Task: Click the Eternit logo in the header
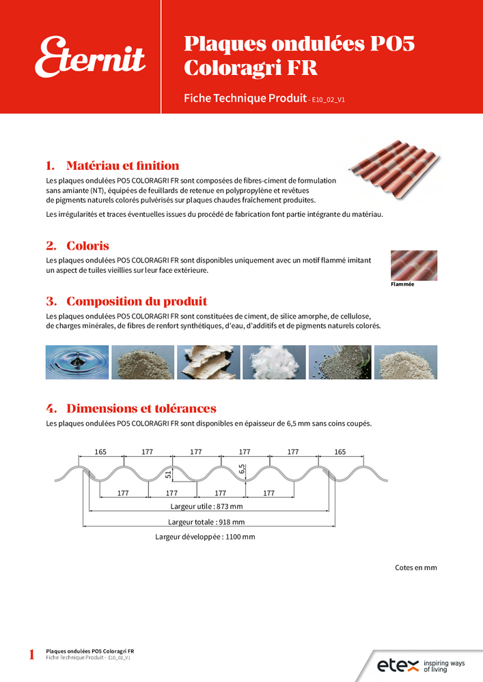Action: (90, 57)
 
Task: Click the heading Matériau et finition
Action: (113, 166)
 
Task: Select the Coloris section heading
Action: (78, 246)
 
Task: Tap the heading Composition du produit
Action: (126, 301)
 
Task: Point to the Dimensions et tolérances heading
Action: (131, 409)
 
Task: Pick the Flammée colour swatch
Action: (413, 265)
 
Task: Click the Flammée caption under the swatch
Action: (402, 284)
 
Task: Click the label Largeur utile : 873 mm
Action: (206, 507)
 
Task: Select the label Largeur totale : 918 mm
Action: (206, 522)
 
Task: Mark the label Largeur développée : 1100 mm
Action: (205, 537)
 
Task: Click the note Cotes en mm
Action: (415, 567)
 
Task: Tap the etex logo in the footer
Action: (396, 665)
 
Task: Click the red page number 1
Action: (31, 655)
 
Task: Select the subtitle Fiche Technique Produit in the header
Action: (245, 98)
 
